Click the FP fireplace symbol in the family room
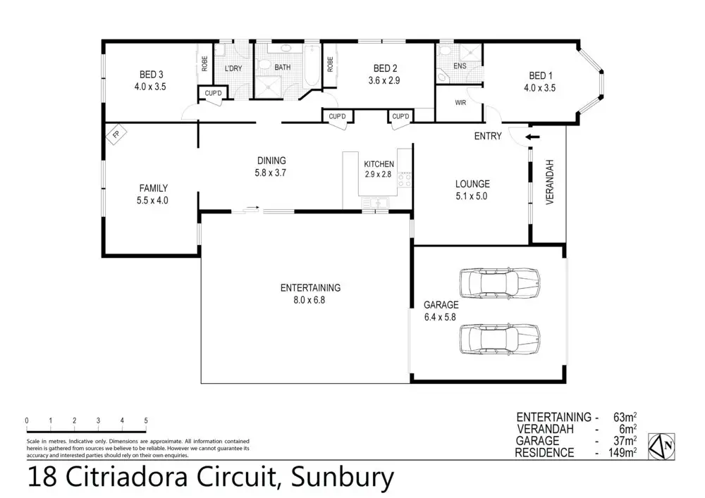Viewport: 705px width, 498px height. coord(115,133)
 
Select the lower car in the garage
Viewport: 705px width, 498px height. coord(499,340)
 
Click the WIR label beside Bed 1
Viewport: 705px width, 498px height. coord(461,103)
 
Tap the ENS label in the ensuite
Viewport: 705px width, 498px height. coord(460,67)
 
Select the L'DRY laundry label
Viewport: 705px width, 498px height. coord(233,68)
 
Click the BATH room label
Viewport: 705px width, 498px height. coord(282,68)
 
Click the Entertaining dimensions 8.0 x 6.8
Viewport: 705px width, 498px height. coord(310,299)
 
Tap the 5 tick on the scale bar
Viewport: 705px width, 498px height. coord(146,421)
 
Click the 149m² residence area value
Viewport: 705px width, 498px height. coord(623,452)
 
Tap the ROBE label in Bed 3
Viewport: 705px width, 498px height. coord(204,63)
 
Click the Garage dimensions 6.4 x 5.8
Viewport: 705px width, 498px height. coord(441,317)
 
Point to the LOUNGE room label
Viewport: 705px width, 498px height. coord(472,184)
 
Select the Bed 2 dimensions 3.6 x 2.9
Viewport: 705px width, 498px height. coord(385,81)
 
